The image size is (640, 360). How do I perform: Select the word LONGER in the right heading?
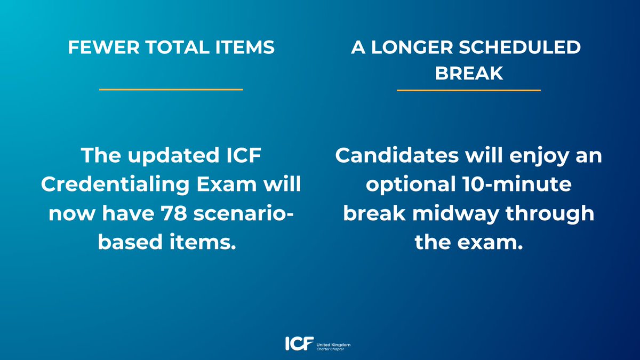click(x=406, y=48)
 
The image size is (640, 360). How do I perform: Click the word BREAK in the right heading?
click(x=469, y=73)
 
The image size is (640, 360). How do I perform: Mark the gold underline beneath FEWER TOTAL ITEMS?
click(x=171, y=90)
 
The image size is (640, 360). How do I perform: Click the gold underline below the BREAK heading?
click(x=469, y=90)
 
